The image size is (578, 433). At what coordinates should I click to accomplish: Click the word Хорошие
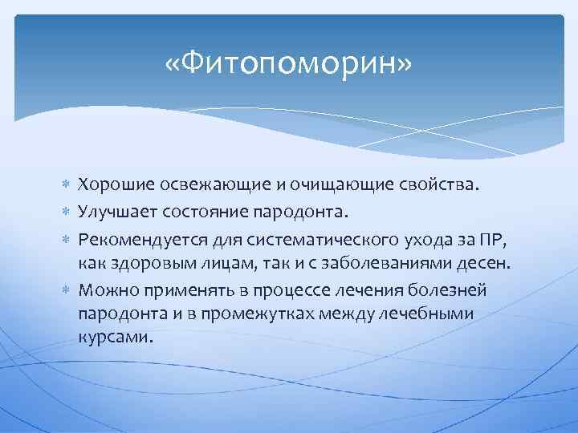[x=111, y=186]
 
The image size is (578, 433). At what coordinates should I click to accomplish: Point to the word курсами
[x=113, y=338]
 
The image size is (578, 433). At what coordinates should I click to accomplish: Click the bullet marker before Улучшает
[x=67, y=212]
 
